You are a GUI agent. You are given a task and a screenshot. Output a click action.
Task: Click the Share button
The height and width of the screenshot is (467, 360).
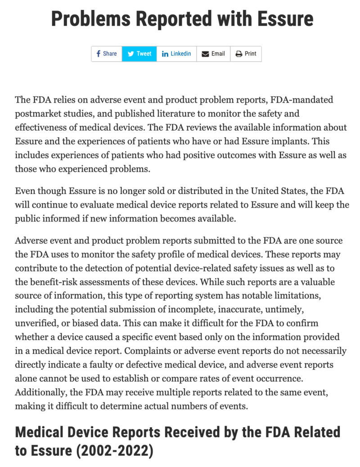pyautogui.click(x=106, y=54)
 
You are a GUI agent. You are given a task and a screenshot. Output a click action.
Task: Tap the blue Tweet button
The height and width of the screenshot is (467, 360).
pyautogui.click(x=139, y=54)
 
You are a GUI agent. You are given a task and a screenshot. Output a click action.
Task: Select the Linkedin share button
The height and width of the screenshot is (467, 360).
pyautogui.click(x=176, y=54)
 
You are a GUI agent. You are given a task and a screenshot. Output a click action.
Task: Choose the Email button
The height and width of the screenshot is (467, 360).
pyautogui.click(x=213, y=54)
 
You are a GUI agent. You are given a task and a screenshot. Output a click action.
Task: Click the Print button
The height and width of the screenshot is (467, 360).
pyautogui.click(x=246, y=54)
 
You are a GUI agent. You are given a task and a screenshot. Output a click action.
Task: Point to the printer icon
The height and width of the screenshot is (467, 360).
pyautogui.click(x=238, y=54)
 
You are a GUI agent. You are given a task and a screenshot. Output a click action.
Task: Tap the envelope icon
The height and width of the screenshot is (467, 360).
pyautogui.click(x=205, y=54)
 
